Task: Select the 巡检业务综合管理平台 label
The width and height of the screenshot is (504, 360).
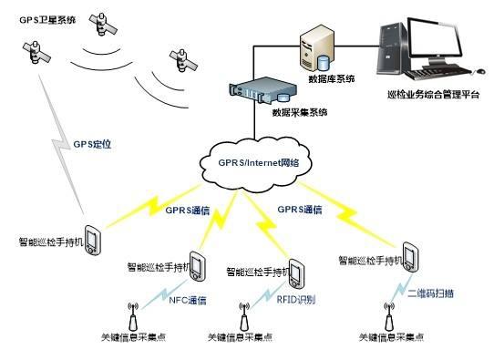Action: [433, 95]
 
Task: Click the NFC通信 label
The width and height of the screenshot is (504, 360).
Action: [188, 299]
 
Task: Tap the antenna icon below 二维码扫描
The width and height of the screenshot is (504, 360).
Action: [386, 315]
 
